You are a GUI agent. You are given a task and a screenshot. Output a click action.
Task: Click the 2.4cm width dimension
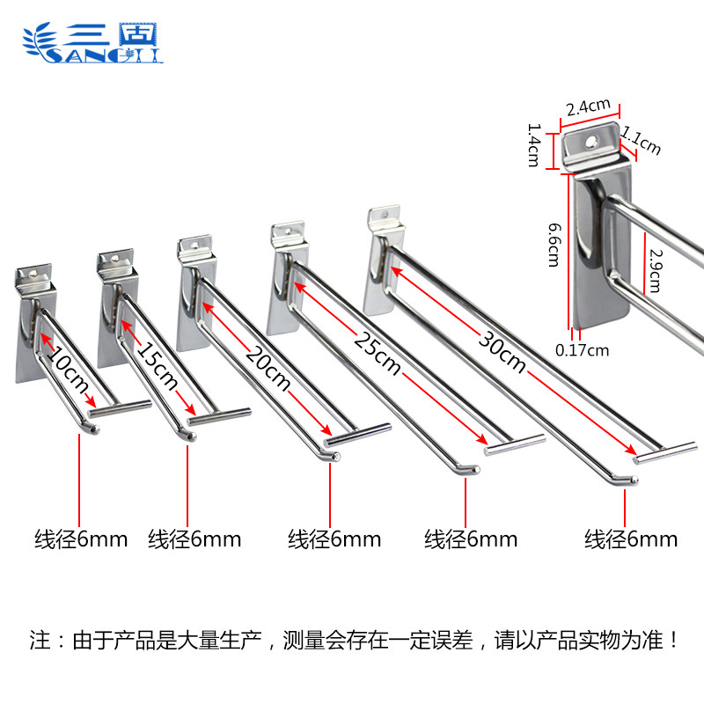(588, 107)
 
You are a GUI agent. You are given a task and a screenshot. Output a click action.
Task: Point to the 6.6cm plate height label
(553, 245)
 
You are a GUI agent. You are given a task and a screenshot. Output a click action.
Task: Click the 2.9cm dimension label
(654, 269)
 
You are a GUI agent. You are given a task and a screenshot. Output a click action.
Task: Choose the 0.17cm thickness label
(582, 350)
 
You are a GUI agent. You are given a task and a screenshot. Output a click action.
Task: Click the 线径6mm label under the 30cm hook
(631, 539)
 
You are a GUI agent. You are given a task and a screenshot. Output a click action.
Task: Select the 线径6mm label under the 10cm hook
(81, 539)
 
